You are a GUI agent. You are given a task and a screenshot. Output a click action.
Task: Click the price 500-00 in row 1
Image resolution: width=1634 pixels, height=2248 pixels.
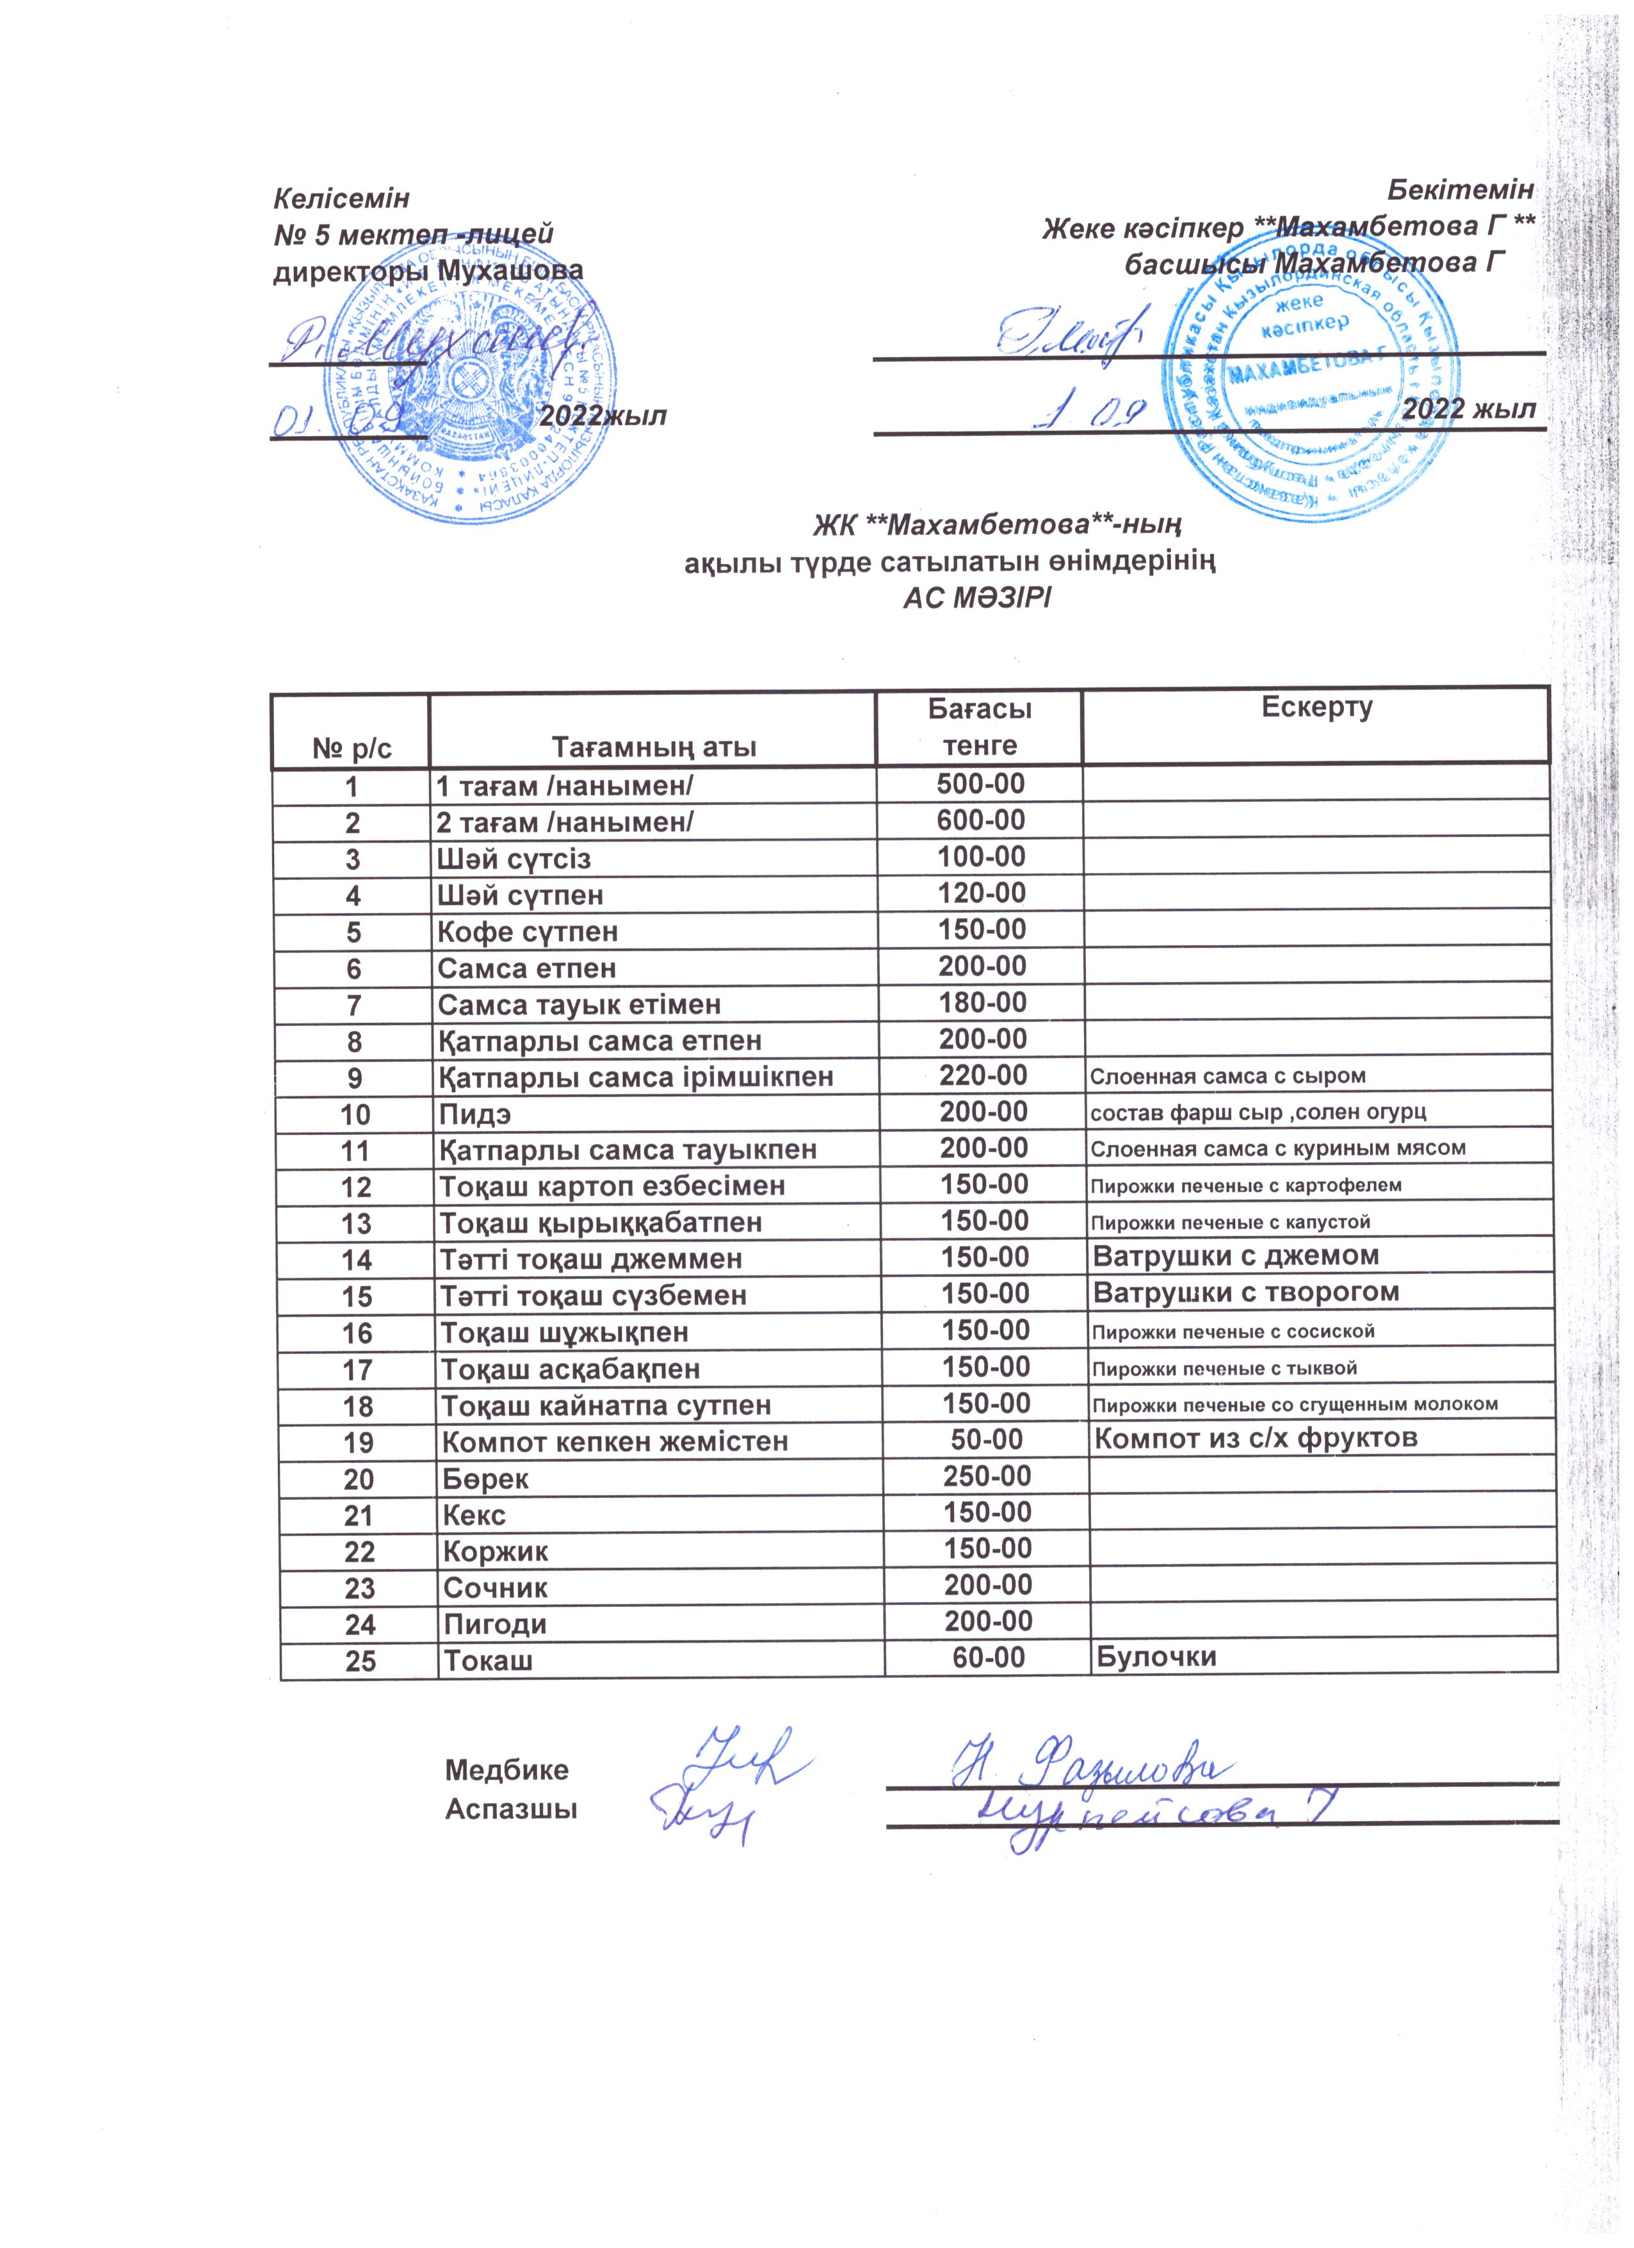click(980, 784)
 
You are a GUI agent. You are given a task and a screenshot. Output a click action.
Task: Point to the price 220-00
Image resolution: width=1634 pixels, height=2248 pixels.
click(982, 1075)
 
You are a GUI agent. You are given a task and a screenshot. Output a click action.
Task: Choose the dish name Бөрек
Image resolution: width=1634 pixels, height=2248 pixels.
click(485, 1479)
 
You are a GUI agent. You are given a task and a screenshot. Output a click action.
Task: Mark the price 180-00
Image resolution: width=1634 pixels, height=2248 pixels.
click(982, 1002)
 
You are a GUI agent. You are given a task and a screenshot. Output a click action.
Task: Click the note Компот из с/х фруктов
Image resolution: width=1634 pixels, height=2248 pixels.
click(1256, 1438)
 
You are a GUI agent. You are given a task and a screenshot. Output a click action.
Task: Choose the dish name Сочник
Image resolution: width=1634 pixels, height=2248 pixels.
click(496, 1588)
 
